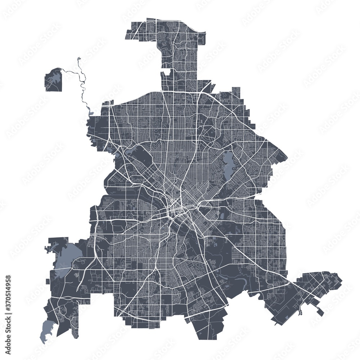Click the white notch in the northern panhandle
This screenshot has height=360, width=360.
(x=166, y=72)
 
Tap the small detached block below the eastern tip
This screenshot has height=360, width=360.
(x=320, y=312)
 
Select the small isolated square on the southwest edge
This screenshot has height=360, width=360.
(x=49, y=281)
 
